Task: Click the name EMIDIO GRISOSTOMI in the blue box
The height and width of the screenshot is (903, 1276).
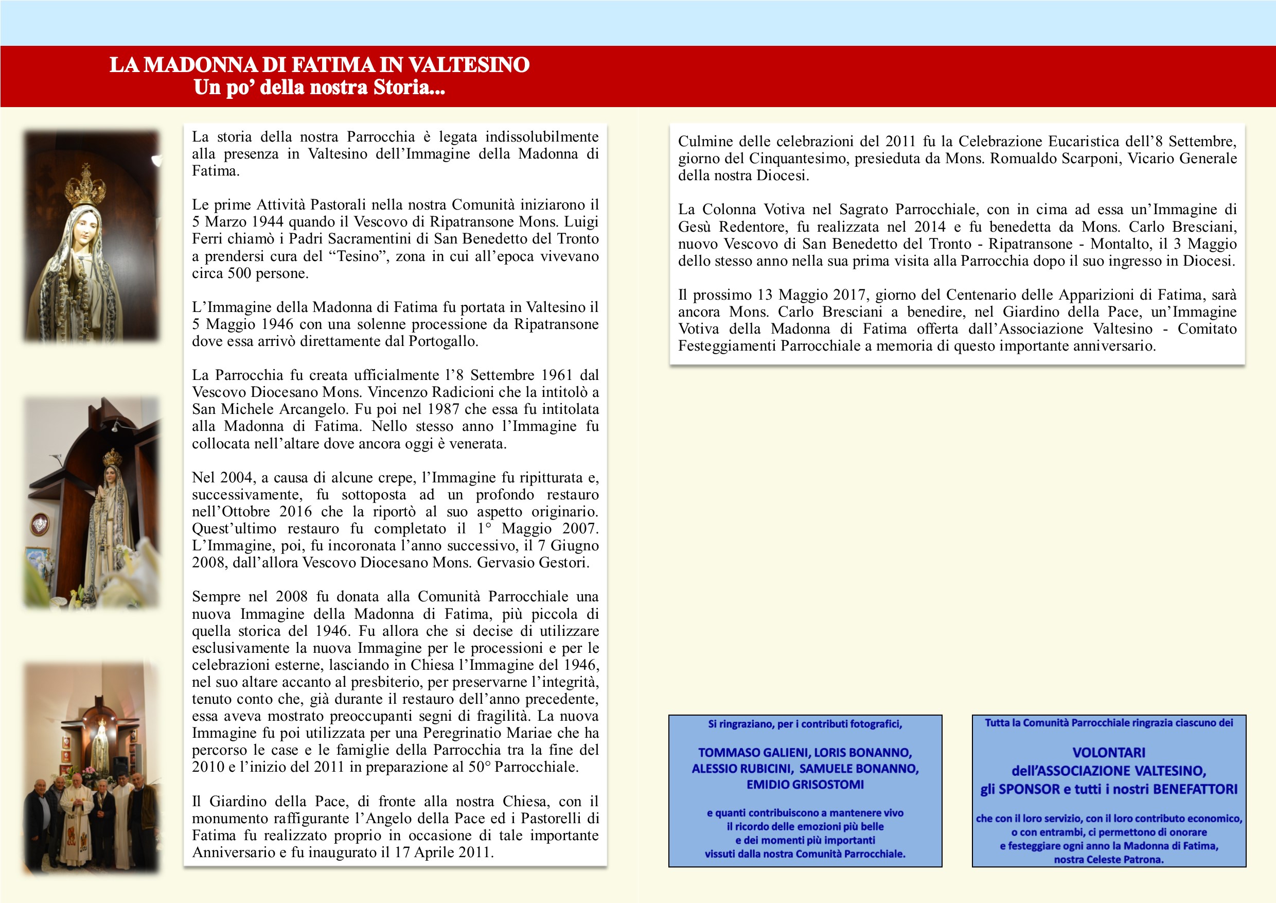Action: (x=805, y=785)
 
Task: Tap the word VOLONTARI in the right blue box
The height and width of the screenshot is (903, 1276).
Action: (x=1109, y=753)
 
